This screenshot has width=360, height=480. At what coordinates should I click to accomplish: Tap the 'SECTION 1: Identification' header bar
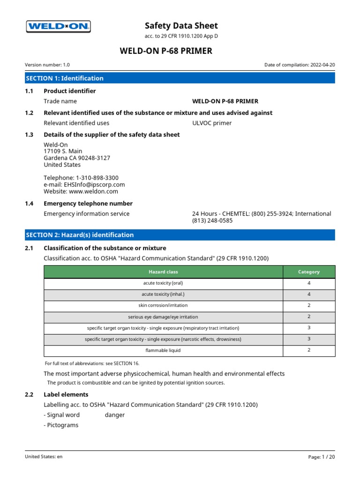coord(180,78)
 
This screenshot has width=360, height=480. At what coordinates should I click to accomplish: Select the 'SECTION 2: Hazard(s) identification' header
coord(180,235)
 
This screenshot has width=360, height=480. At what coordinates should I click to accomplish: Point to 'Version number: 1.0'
coord(47,65)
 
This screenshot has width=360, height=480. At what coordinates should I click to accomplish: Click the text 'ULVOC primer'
coord(212,123)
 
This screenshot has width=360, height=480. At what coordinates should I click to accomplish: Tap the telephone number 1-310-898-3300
coord(97,178)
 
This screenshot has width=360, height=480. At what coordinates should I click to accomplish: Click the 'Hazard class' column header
coord(163,272)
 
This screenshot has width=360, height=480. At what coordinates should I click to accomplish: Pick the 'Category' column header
coord(309,272)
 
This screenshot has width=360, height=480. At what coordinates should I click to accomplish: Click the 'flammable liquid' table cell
coord(163,350)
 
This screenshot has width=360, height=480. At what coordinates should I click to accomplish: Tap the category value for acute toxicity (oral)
coord(309,283)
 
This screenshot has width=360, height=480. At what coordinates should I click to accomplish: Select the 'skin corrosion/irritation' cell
coord(163,305)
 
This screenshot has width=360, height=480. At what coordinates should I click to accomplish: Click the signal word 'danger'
coord(115,415)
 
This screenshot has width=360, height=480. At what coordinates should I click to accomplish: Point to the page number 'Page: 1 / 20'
coord(322,456)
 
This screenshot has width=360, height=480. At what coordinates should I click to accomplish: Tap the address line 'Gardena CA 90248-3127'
coord(77,158)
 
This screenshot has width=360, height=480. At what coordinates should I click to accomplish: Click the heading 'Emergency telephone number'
coord(88,203)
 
